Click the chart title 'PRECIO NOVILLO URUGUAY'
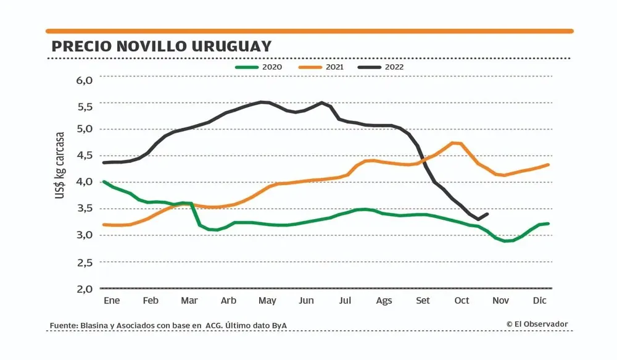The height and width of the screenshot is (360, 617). [161, 47]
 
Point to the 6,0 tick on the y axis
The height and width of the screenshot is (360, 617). [84, 80]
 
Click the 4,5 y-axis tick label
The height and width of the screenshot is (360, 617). [84, 156]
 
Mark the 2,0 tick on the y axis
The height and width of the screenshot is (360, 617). [84, 288]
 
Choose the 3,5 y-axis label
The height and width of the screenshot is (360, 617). [84, 208]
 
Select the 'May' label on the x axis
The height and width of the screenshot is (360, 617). [267, 301]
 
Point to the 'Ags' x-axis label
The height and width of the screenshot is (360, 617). [384, 301]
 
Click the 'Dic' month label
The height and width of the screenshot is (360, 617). [539, 301]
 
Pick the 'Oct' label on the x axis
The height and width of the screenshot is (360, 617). [462, 301]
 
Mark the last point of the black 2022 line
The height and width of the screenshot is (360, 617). [488, 214]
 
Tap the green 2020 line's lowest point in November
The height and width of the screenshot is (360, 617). [506, 241]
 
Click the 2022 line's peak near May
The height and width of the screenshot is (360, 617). [263, 102]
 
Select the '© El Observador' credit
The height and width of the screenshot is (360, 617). [537, 324]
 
